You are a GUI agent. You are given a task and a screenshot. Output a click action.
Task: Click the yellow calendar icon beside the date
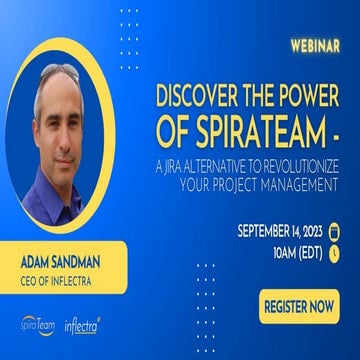(334, 231)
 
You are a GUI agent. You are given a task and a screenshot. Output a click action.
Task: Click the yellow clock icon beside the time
(334, 253)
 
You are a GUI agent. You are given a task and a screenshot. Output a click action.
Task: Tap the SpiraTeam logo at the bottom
(37, 325)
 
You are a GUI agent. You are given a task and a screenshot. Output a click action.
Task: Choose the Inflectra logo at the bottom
(82, 325)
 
